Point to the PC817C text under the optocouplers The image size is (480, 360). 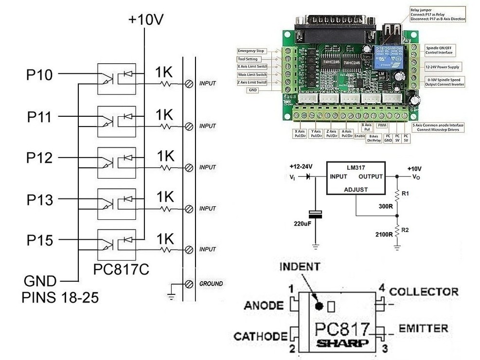click(121, 269)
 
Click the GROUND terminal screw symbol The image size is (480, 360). click(188, 284)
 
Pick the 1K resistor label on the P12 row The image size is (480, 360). click(165, 156)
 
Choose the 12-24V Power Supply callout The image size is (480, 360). click(443, 67)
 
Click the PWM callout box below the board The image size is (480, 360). click(381, 126)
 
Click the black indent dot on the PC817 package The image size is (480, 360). click(319, 306)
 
